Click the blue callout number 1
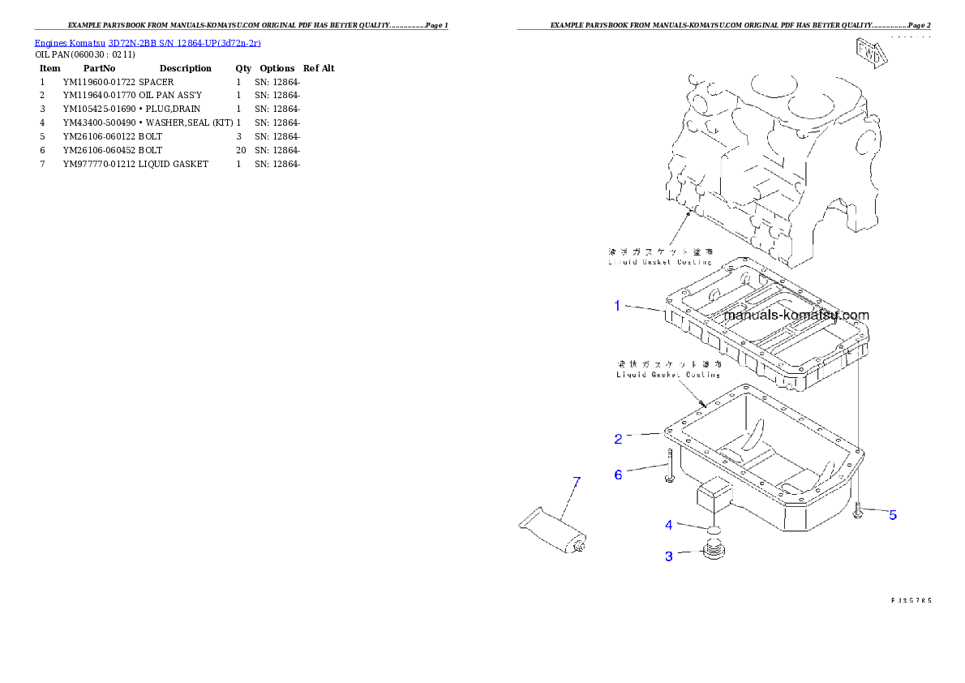point(617,306)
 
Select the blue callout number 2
point(618,439)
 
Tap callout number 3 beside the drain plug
point(669,556)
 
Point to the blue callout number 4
point(669,525)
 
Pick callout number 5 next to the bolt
point(893,514)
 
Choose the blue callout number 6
point(618,475)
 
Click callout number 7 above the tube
point(577,482)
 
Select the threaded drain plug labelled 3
point(714,552)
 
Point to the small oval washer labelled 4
point(713,530)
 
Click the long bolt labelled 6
point(669,466)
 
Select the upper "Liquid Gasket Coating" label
point(660,262)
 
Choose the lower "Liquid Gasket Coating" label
point(668,375)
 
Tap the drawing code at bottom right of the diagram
point(910,600)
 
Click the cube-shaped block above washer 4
point(714,495)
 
